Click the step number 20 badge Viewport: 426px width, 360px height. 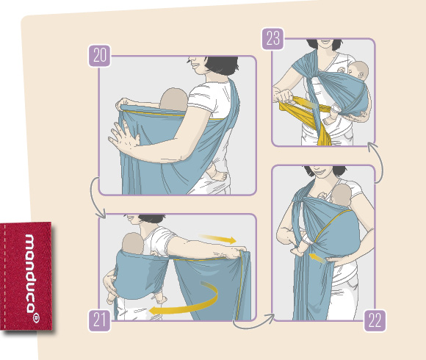[99, 55]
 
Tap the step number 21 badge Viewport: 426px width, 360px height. [99, 320]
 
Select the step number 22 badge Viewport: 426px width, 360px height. [375, 320]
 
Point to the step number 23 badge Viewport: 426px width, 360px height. [272, 39]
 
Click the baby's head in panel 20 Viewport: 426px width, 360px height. [173, 99]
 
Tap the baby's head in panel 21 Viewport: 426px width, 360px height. [133, 243]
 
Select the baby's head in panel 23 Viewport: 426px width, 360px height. [358, 71]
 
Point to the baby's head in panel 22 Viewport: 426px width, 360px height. [342, 195]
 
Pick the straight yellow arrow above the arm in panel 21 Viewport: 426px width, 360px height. [218, 238]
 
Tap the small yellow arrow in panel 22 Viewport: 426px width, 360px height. [317, 258]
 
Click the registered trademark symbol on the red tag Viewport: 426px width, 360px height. [35, 318]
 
